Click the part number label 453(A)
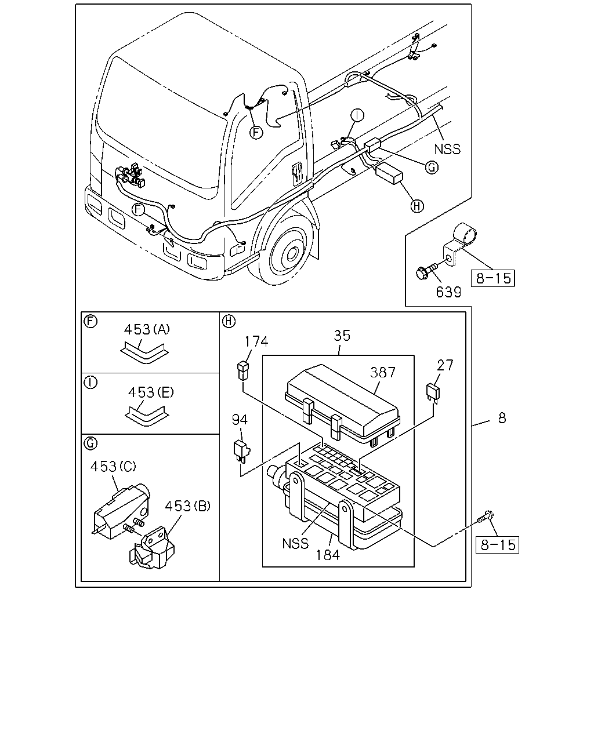coord(147,330)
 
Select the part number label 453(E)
coord(151,392)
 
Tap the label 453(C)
coord(113,467)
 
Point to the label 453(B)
coord(187,506)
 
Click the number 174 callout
coord(256,341)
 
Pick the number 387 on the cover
coord(382,372)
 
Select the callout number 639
coord(448,292)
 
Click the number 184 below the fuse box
coord(328,555)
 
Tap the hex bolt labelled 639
coord(427,272)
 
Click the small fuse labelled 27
coord(433,393)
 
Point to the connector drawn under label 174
coord(243,370)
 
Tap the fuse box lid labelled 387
coord(342,404)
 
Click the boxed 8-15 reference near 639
coord(493,278)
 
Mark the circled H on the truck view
coord(417,206)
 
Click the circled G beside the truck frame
coord(432,168)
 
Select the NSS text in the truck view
coord(447,149)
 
